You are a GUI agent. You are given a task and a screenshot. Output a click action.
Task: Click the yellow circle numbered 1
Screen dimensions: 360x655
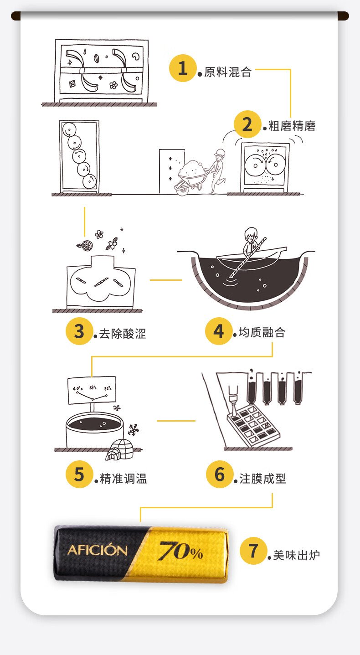183,68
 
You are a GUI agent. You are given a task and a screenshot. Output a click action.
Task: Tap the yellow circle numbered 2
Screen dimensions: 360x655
247,124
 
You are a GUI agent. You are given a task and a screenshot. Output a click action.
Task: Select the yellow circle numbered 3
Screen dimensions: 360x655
79,331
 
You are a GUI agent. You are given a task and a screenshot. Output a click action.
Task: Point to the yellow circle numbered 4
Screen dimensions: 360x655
219,331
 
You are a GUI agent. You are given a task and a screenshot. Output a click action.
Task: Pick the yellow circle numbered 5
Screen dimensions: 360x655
79,474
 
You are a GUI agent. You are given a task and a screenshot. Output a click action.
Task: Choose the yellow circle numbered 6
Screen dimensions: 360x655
220,474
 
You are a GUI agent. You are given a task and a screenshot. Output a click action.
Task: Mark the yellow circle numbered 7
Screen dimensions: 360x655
253,551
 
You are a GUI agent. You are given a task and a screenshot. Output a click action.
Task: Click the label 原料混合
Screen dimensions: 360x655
228,72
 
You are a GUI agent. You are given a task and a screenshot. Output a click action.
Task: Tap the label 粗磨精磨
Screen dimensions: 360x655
292,126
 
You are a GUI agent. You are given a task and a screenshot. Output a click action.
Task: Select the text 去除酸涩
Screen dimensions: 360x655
123,334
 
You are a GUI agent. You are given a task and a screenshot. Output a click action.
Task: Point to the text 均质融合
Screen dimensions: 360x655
262,332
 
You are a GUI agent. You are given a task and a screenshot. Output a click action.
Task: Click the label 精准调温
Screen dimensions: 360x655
123,479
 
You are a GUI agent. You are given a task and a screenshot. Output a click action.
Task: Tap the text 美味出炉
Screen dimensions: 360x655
297,555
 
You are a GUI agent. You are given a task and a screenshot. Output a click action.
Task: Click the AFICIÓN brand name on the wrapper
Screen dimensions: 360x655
98,550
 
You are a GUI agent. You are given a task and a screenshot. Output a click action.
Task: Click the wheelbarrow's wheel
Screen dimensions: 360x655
182,189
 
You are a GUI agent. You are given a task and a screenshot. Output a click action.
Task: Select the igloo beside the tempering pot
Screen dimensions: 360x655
119,450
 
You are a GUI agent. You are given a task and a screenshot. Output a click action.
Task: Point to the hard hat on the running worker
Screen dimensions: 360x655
220,152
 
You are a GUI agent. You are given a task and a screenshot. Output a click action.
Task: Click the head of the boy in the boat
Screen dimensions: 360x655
251,234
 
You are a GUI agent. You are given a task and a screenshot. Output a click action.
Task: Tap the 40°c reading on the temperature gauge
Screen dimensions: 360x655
78,388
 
